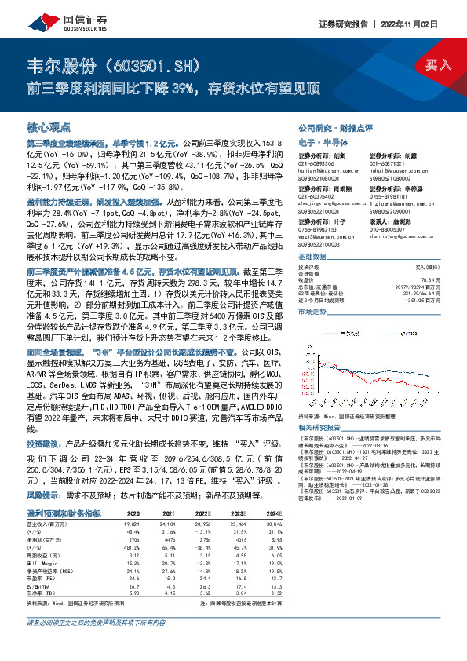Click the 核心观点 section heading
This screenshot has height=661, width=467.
click(x=49, y=126)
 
